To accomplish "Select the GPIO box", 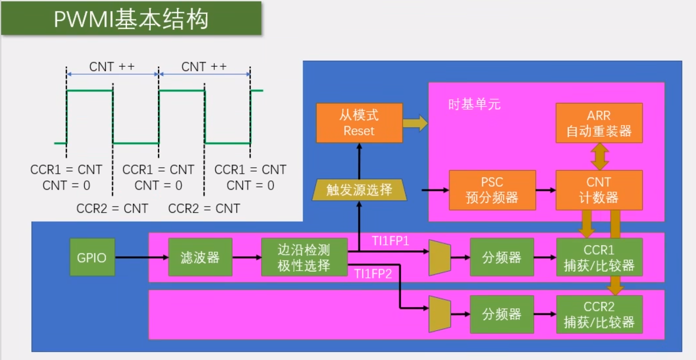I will click(x=92, y=257).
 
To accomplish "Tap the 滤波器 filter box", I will click(x=200, y=257).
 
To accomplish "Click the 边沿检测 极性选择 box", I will click(x=304, y=257).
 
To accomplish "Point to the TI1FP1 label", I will click(x=390, y=241).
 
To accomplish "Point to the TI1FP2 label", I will click(x=373, y=274).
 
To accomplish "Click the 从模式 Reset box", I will click(x=359, y=123).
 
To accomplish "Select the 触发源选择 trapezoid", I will click(x=359, y=190).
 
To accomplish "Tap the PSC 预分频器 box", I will click(x=492, y=190).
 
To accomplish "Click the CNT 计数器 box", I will click(x=599, y=190).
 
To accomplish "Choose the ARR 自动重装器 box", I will click(x=599, y=123).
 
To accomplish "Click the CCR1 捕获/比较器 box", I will click(x=599, y=257).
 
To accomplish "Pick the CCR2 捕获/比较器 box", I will click(x=599, y=314).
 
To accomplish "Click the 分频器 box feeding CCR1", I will click(x=502, y=257).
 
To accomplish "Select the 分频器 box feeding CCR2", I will click(x=502, y=314).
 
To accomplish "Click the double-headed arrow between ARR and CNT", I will click(x=599, y=157).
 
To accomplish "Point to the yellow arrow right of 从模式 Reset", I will click(x=415, y=123).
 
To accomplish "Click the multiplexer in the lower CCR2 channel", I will click(x=440, y=314).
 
